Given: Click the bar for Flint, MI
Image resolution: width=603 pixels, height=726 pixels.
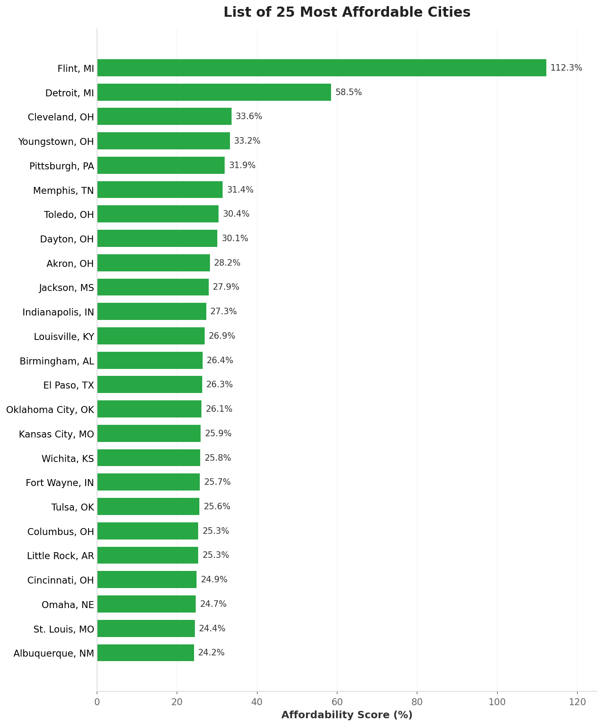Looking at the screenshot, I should coord(321,68).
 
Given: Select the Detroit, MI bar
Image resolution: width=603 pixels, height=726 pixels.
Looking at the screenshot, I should coord(214,92).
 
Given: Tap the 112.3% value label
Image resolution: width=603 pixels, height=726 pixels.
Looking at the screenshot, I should coord(566,68).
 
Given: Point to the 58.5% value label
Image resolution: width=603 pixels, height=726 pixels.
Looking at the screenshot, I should coord(348,92).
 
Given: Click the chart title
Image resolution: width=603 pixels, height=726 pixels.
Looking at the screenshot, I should coord(347,12).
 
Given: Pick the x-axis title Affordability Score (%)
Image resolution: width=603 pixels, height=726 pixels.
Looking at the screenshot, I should coord(347,715).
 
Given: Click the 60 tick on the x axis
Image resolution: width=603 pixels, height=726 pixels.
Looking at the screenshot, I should coord(337,702).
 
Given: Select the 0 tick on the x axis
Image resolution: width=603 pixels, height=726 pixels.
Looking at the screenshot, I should coord(97,702).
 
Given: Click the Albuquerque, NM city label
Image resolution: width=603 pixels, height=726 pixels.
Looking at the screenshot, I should coord(54,653).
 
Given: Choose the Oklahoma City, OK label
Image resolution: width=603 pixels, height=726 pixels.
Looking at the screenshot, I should coord(50,409).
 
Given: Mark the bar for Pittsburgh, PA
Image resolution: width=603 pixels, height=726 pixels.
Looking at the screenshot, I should coord(161,165).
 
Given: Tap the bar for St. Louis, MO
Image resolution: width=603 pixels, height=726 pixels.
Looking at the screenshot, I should coord(146,628).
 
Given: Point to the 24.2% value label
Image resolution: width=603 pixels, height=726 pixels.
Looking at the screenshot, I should coord(211,653).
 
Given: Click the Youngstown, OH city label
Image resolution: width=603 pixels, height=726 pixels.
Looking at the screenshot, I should coord(56,142).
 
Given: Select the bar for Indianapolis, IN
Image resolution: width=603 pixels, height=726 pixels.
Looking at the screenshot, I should coord(152,311).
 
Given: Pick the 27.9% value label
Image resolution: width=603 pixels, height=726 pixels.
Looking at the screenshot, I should coord(226,287).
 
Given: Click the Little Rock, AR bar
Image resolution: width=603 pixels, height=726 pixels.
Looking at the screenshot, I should coord(148,555).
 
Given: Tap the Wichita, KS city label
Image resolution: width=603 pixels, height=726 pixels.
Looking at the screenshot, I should coord(68,458).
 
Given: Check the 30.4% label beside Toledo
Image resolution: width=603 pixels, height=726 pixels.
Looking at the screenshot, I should coord(236,214).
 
